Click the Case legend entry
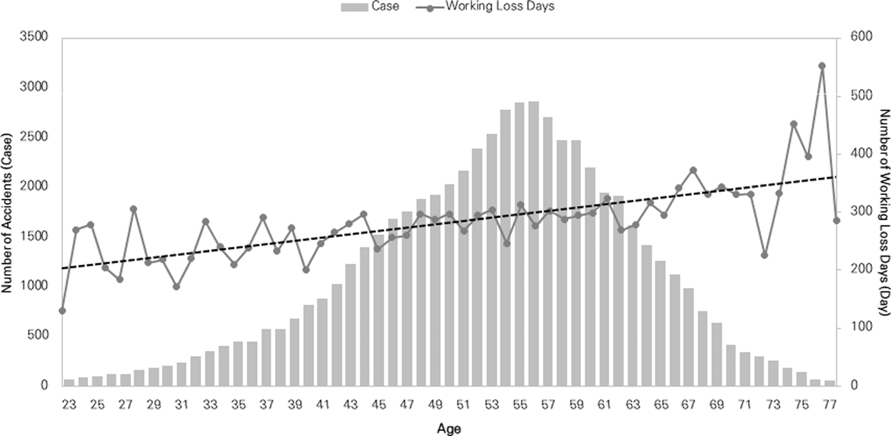369,7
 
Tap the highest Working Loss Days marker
821,66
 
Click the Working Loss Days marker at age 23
62,311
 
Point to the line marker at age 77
836,221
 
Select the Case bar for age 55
519,244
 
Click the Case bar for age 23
69,382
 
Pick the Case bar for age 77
830,382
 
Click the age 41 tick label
322,405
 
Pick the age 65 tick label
661,405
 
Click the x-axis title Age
449,428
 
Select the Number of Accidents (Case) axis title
8,212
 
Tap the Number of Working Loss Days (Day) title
883,212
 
